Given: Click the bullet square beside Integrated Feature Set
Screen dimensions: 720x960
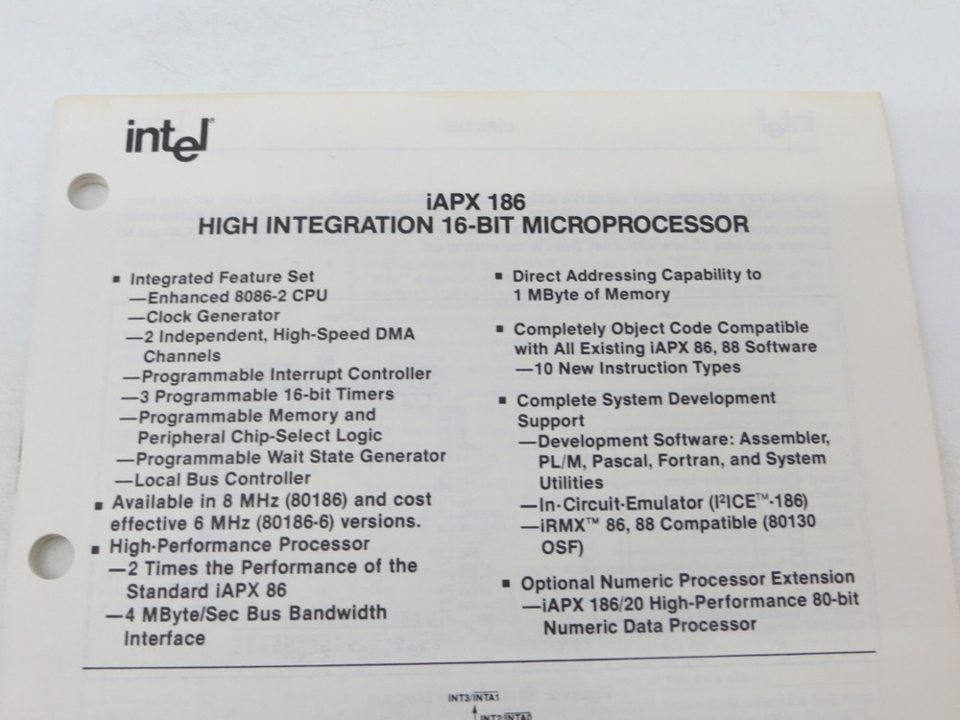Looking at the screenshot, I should click(x=117, y=279).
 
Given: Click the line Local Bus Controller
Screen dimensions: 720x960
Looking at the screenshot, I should click(x=213, y=478).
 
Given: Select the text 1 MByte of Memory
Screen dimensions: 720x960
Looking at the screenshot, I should click(x=591, y=295).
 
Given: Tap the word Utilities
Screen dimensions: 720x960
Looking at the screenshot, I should click(x=571, y=482).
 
